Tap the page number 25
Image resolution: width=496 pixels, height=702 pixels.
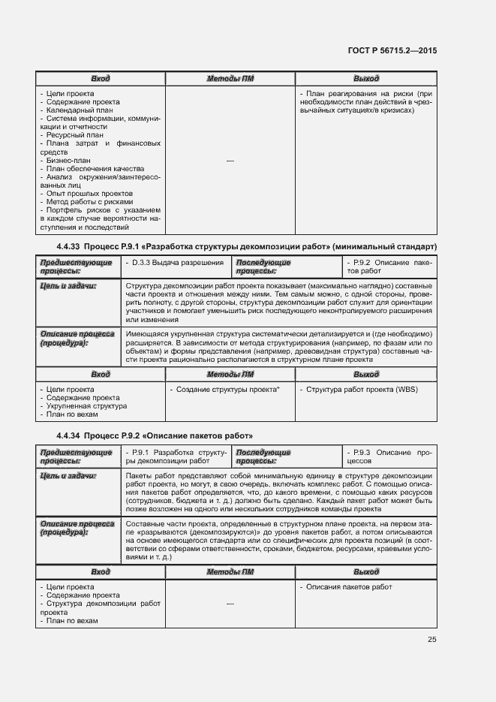(431, 640)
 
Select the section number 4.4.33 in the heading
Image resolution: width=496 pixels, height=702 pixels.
(68, 247)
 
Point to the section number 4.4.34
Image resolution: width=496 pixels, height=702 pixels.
(68, 435)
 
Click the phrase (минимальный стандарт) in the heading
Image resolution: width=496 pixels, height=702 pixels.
(385, 247)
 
